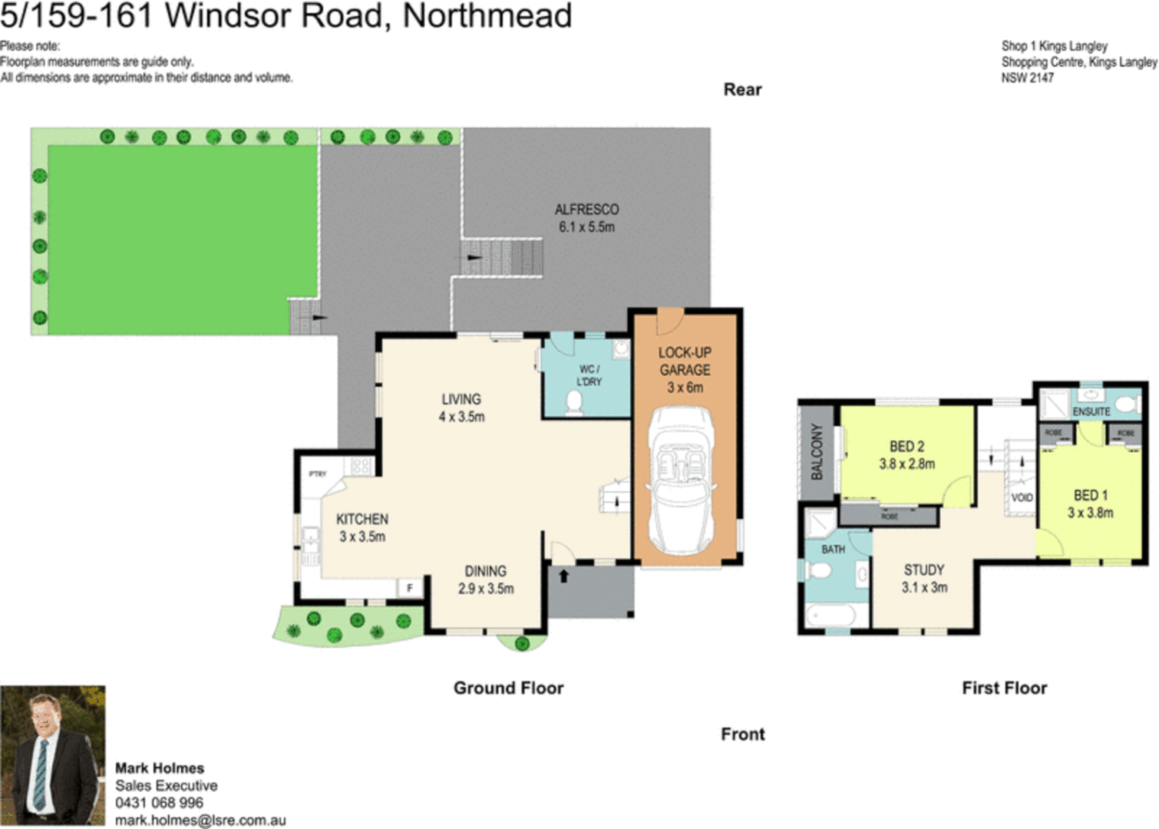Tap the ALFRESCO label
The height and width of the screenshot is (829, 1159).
pos(586,210)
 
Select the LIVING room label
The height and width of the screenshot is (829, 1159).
pos(461,399)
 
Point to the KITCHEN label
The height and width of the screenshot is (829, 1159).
pos(362,520)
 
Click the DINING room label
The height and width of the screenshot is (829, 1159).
pos(485,572)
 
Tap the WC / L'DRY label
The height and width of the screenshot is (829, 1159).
pos(589,375)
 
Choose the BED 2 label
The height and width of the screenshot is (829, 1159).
pos(906,447)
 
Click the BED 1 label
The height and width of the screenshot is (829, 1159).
pos(1090,496)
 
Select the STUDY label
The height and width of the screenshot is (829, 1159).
pos(924,570)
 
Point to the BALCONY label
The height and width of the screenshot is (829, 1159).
pos(817,452)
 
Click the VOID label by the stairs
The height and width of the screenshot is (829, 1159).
pos(1022,498)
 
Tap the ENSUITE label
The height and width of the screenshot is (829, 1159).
pos(1091,412)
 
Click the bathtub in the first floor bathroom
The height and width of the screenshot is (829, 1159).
pos(832,616)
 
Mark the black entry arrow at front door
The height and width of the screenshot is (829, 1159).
pos(563,576)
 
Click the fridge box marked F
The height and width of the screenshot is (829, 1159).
pos(410,588)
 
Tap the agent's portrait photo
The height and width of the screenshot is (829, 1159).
pos(52,755)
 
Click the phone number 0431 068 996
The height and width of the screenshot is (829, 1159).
pos(159,803)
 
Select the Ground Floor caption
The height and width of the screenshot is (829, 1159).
pos(508,688)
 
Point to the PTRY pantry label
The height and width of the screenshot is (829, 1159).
pos(317,474)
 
